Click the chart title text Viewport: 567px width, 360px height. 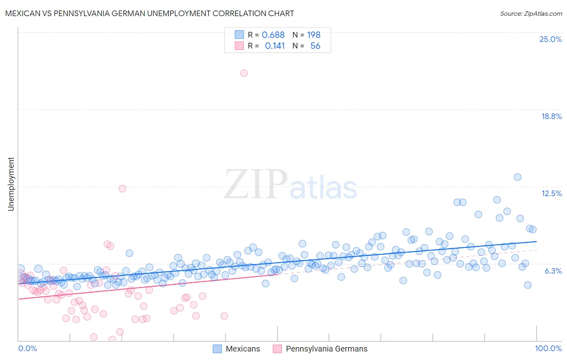149,13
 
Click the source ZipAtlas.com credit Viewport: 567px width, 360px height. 531,13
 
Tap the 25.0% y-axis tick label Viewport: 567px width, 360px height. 550,39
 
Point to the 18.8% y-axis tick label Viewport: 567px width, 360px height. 551,116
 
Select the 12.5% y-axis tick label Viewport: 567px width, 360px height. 551,193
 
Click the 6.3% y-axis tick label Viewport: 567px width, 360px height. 553,271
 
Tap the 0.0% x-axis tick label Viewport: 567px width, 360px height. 27,348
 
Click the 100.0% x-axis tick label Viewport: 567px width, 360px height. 548,348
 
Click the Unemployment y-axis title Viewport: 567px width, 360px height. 11,184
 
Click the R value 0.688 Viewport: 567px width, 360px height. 273,35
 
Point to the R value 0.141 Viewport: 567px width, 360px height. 275,46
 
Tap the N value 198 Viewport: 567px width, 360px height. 314,35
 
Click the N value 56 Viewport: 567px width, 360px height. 315,46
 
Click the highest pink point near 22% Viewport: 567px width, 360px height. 244,73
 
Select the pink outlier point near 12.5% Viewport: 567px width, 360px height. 122,188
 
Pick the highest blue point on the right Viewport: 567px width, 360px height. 517,177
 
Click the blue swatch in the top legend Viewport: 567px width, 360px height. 239,35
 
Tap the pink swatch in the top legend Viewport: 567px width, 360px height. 239,46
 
